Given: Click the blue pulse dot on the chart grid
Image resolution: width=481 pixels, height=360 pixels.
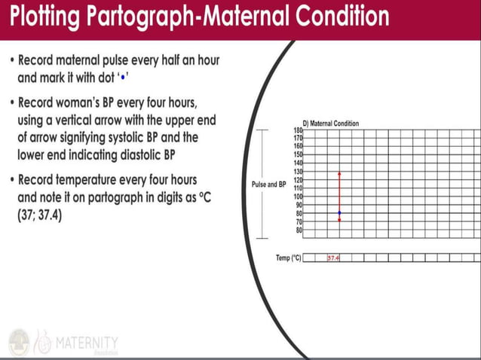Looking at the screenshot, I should [x=339, y=214].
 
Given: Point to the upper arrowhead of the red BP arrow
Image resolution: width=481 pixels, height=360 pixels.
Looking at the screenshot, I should [x=339, y=173].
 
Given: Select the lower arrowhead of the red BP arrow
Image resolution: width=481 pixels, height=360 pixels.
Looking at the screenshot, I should [x=339, y=220].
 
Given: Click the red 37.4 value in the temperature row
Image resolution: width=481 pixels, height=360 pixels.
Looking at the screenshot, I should [x=333, y=258].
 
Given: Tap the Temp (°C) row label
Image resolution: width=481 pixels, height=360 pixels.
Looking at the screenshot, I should [x=288, y=258].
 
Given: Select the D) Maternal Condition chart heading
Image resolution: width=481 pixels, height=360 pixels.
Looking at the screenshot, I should [x=330, y=124].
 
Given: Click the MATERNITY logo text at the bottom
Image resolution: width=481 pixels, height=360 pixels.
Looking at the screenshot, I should [x=86, y=343].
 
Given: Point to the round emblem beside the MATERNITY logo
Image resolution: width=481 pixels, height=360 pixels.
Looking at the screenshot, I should [x=19, y=343].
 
